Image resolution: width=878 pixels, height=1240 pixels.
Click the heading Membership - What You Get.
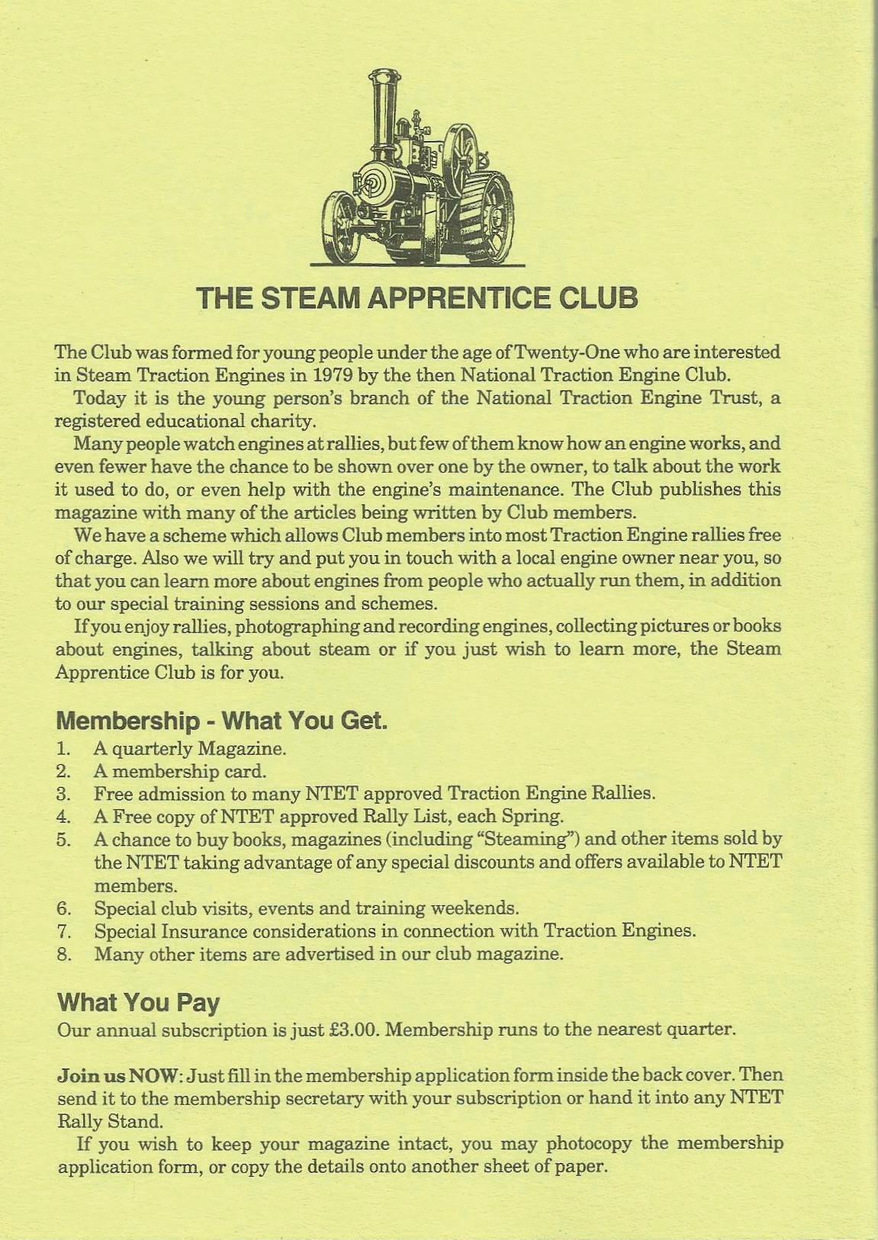pyautogui.click(x=222, y=721)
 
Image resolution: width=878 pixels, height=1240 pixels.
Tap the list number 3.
pyautogui.click(x=63, y=794)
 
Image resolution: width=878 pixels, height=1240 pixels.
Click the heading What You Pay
pyautogui.click(x=138, y=1002)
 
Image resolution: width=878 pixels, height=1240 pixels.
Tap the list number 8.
pyautogui.click(x=63, y=954)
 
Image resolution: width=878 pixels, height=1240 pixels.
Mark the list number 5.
pyautogui.click(x=63, y=840)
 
